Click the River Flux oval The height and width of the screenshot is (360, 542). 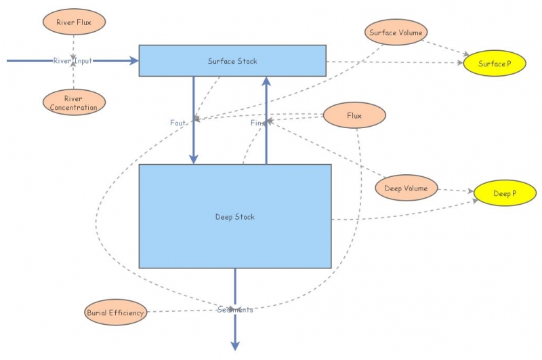[x=72, y=22]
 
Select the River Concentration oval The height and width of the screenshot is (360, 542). [x=72, y=102]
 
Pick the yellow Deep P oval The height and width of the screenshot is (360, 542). [x=504, y=194]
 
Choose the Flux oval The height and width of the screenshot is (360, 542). [x=354, y=115]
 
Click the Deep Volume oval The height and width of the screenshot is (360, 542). [x=406, y=188]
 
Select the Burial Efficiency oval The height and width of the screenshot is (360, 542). [x=115, y=313]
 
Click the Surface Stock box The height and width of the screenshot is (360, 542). [x=232, y=60]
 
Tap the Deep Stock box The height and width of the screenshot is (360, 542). [x=234, y=216]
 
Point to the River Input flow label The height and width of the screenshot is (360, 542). [x=72, y=61]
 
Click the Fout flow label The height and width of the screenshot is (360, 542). [x=179, y=123]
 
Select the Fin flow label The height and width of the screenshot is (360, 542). [x=257, y=123]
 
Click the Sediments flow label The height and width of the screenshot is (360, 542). [x=235, y=310]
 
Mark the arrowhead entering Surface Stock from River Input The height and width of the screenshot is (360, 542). [x=133, y=60]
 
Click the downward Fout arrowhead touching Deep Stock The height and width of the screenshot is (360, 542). [x=194, y=159]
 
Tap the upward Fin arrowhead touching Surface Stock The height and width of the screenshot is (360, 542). [x=266, y=80]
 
